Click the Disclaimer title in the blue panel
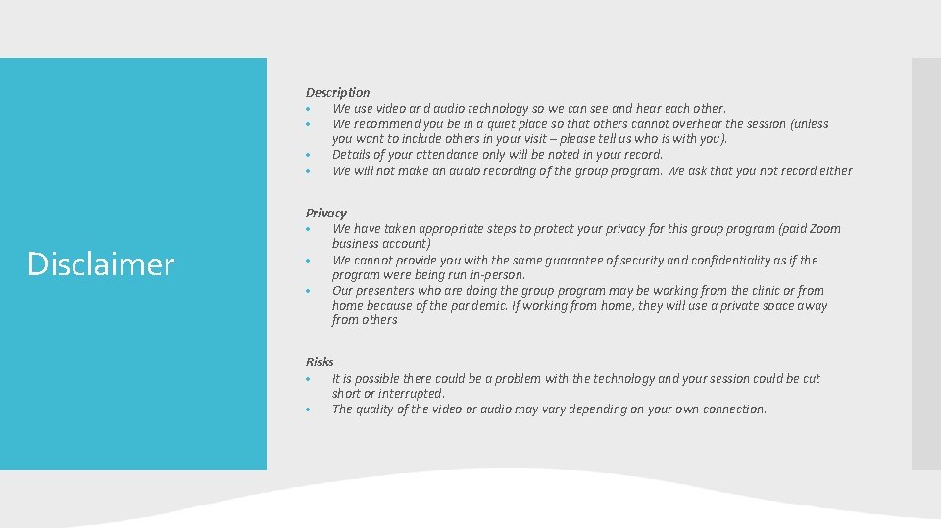[101, 264]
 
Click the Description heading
[337, 92]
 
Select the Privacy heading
[325, 213]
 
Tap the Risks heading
[320, 361]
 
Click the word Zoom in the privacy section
[825, 229]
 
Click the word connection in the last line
[729, 409]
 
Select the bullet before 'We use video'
[308, 109]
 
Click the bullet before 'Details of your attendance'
[308, 155]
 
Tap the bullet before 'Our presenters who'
[308, 291]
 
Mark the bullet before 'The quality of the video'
[308, 409]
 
